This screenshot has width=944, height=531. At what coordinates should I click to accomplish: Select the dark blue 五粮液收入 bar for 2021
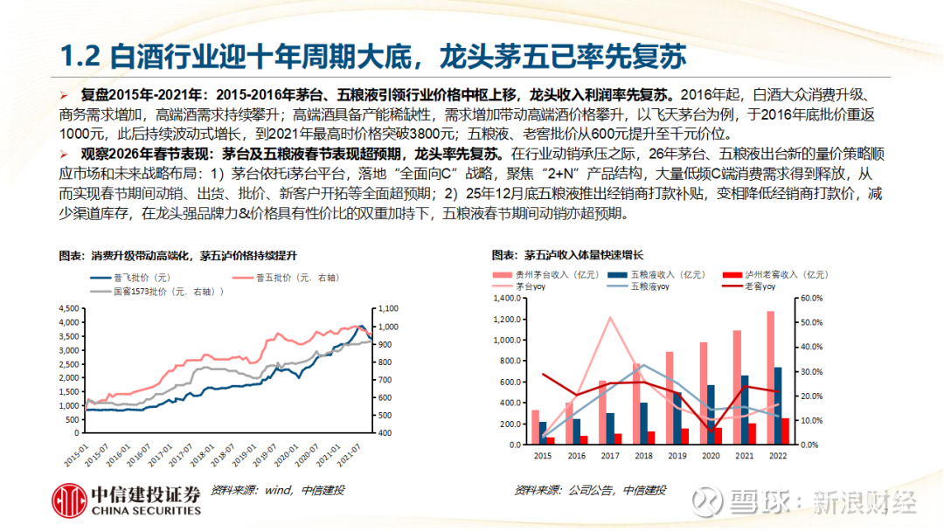click(745, 410)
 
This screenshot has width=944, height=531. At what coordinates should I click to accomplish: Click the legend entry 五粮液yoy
click(647, 286)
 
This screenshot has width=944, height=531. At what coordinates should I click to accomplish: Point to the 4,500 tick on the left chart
click(67, 309)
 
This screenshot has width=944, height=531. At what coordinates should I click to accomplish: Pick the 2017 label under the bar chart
click(609, 456)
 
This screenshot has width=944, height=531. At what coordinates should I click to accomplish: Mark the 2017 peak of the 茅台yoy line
click(609, 317)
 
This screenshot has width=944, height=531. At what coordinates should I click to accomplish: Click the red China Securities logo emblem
click(68, 500)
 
